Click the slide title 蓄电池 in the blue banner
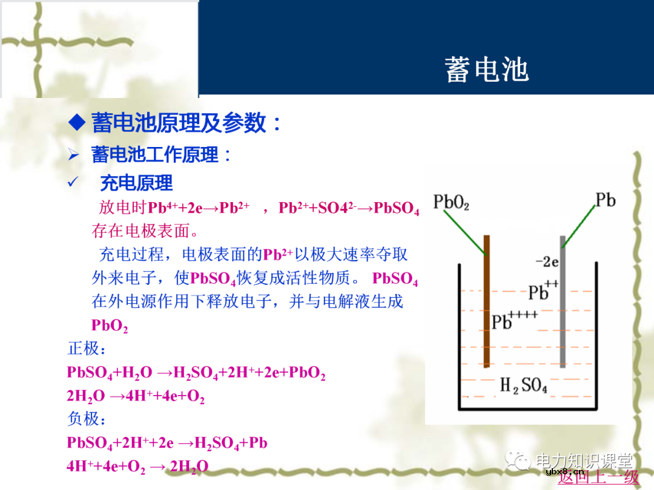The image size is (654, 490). (487, 70)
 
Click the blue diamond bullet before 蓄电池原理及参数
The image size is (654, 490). (77, 123)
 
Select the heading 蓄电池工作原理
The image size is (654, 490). (154, 155)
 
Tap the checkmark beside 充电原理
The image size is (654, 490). (73, 182)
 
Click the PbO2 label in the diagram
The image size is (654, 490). (451, 202)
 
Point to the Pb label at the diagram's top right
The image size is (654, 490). (605, 200)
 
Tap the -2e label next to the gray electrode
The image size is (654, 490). (546, 262)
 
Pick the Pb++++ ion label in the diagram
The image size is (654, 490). (514, 320)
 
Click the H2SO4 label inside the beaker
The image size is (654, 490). (523, 385)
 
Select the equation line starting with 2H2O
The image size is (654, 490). (136, 396)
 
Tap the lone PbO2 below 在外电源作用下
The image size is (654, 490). (110, 325)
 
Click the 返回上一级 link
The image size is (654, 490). (598, 477)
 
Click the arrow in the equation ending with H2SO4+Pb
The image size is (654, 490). (185, 443)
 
